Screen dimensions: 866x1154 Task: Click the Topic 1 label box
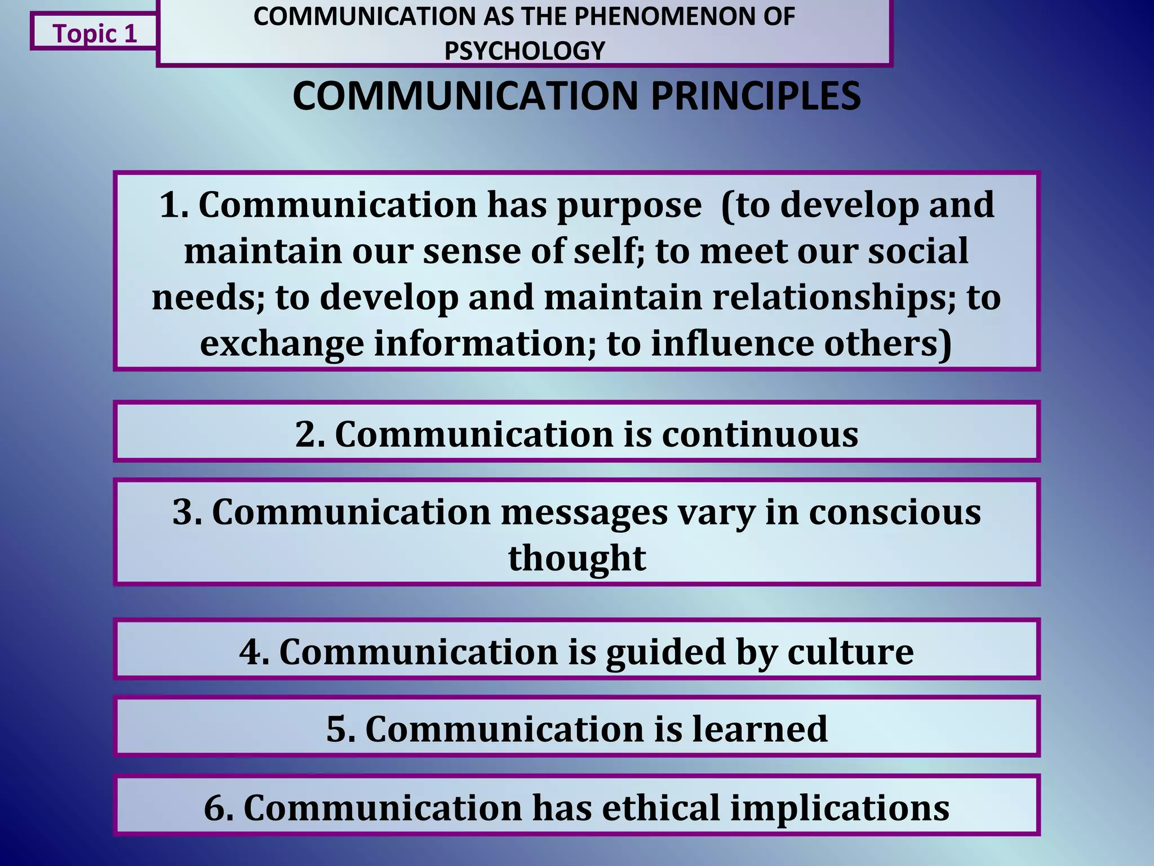click(x=94, y=33)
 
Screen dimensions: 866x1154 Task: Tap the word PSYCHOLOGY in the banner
click(x=524, y=51)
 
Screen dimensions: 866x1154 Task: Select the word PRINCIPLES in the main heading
click(x=755, y=96)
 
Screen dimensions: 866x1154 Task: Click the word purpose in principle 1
click(x=629, y=206)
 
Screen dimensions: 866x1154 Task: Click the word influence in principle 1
click(x=733, y=343)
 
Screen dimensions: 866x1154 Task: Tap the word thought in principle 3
click(x=577, y=558)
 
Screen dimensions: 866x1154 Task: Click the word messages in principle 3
click(x=583, y=513)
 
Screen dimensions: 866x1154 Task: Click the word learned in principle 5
click(x=760, y=728)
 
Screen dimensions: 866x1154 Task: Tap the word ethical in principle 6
click(x=661, y=807)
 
